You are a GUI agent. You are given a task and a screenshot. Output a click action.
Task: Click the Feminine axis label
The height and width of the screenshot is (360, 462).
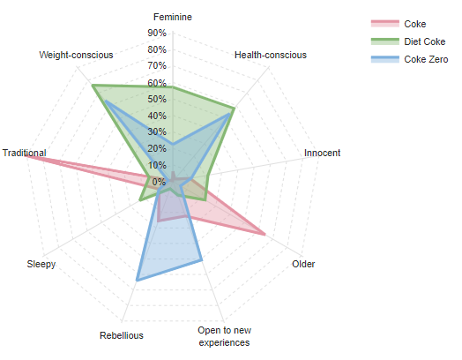(x=173, y=17)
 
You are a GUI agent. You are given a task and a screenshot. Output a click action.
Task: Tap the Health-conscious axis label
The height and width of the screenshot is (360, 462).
(x=271, y=55)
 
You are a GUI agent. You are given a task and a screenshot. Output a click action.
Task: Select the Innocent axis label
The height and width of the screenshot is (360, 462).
(x=322, y=153)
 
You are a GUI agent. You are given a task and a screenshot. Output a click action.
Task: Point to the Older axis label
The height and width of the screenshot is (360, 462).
(x=303, y=264)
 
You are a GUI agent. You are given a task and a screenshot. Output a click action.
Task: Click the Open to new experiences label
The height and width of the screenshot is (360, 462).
(x=224, y=336)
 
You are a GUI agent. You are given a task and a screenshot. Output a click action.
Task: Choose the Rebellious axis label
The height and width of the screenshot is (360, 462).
(x=122, y=335)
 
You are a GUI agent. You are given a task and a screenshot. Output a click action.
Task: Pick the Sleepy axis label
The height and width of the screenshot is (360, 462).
(x=41, y=264)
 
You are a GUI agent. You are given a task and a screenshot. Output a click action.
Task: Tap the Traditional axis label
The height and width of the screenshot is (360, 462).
(x=25, y=153)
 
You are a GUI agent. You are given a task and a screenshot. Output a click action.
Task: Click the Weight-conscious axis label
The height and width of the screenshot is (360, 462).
(x=76, y=55)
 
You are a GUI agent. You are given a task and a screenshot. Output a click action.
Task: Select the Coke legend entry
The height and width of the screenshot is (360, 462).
(x=414, y=24)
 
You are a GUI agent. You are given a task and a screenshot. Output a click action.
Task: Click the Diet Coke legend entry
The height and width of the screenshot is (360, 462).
(x=424, y=41)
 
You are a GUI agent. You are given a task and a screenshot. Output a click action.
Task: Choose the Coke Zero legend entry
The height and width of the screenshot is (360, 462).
(x=426, y=59)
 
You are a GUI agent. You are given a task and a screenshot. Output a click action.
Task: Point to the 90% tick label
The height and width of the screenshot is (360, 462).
(x=157, y=34)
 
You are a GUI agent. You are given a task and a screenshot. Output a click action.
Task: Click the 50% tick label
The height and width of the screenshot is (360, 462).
(x=157, y=99)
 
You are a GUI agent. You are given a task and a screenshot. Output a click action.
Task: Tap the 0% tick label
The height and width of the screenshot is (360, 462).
(x=159, y=181)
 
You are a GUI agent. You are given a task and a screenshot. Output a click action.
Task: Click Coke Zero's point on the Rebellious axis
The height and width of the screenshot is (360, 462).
(x=137, y=281)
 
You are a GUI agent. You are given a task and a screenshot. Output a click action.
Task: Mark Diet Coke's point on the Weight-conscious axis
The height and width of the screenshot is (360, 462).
(x=92, y=85)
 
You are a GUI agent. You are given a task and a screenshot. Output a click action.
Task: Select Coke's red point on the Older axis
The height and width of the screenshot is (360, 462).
(x=265, y=234)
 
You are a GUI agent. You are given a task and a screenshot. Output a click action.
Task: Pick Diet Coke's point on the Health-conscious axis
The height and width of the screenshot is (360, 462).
(x=234, y=109)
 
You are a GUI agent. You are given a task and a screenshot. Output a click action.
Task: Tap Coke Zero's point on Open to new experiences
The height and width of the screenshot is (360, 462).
(x=202, y=259)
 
